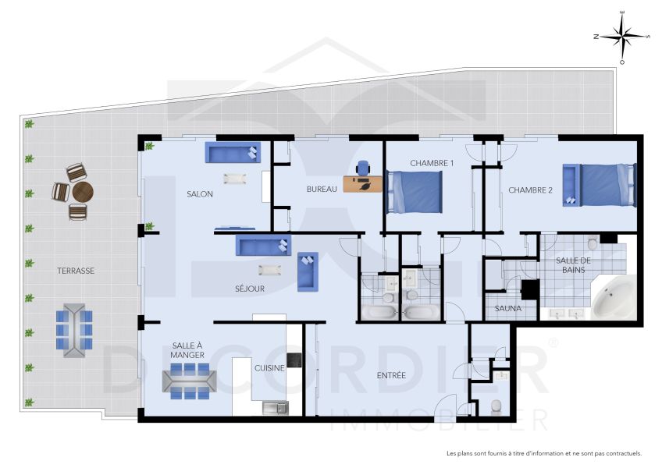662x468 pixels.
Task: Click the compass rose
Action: click(621, 37)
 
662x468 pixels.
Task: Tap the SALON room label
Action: click(200, 194)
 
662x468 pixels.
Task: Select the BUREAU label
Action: click(322, 189)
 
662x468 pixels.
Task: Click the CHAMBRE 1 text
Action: click(432, 163)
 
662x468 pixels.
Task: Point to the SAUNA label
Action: click(507, 308)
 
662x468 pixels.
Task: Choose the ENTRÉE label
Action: click(391, 375)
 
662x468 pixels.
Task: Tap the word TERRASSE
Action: click(76, 271)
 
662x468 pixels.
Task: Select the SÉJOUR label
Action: click(250, 289)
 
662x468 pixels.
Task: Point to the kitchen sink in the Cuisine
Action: click(275, 406)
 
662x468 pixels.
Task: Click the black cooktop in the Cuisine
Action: click(294, 360)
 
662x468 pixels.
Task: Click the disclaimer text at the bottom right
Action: click(543, 453)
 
